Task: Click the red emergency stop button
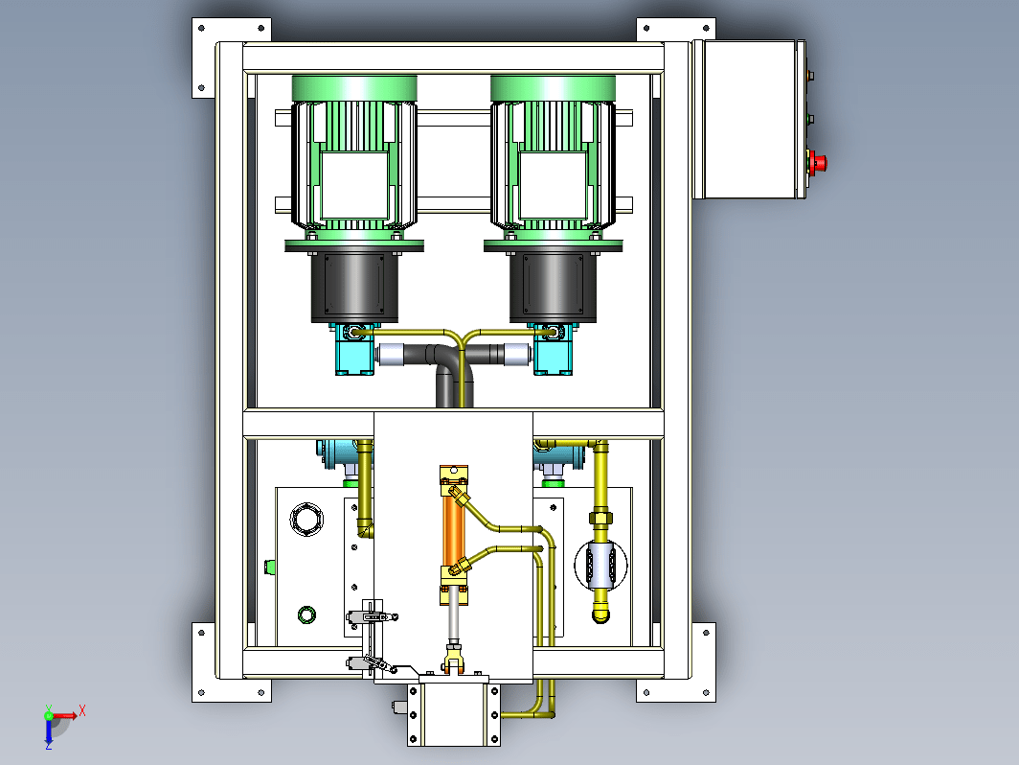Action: [818, 162]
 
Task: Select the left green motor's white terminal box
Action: [354, 185]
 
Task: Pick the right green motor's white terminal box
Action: [553, 185]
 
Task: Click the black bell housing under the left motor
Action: [354, 287]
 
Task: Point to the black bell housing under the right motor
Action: [553, 287]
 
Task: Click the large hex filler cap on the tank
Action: [306, 520]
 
